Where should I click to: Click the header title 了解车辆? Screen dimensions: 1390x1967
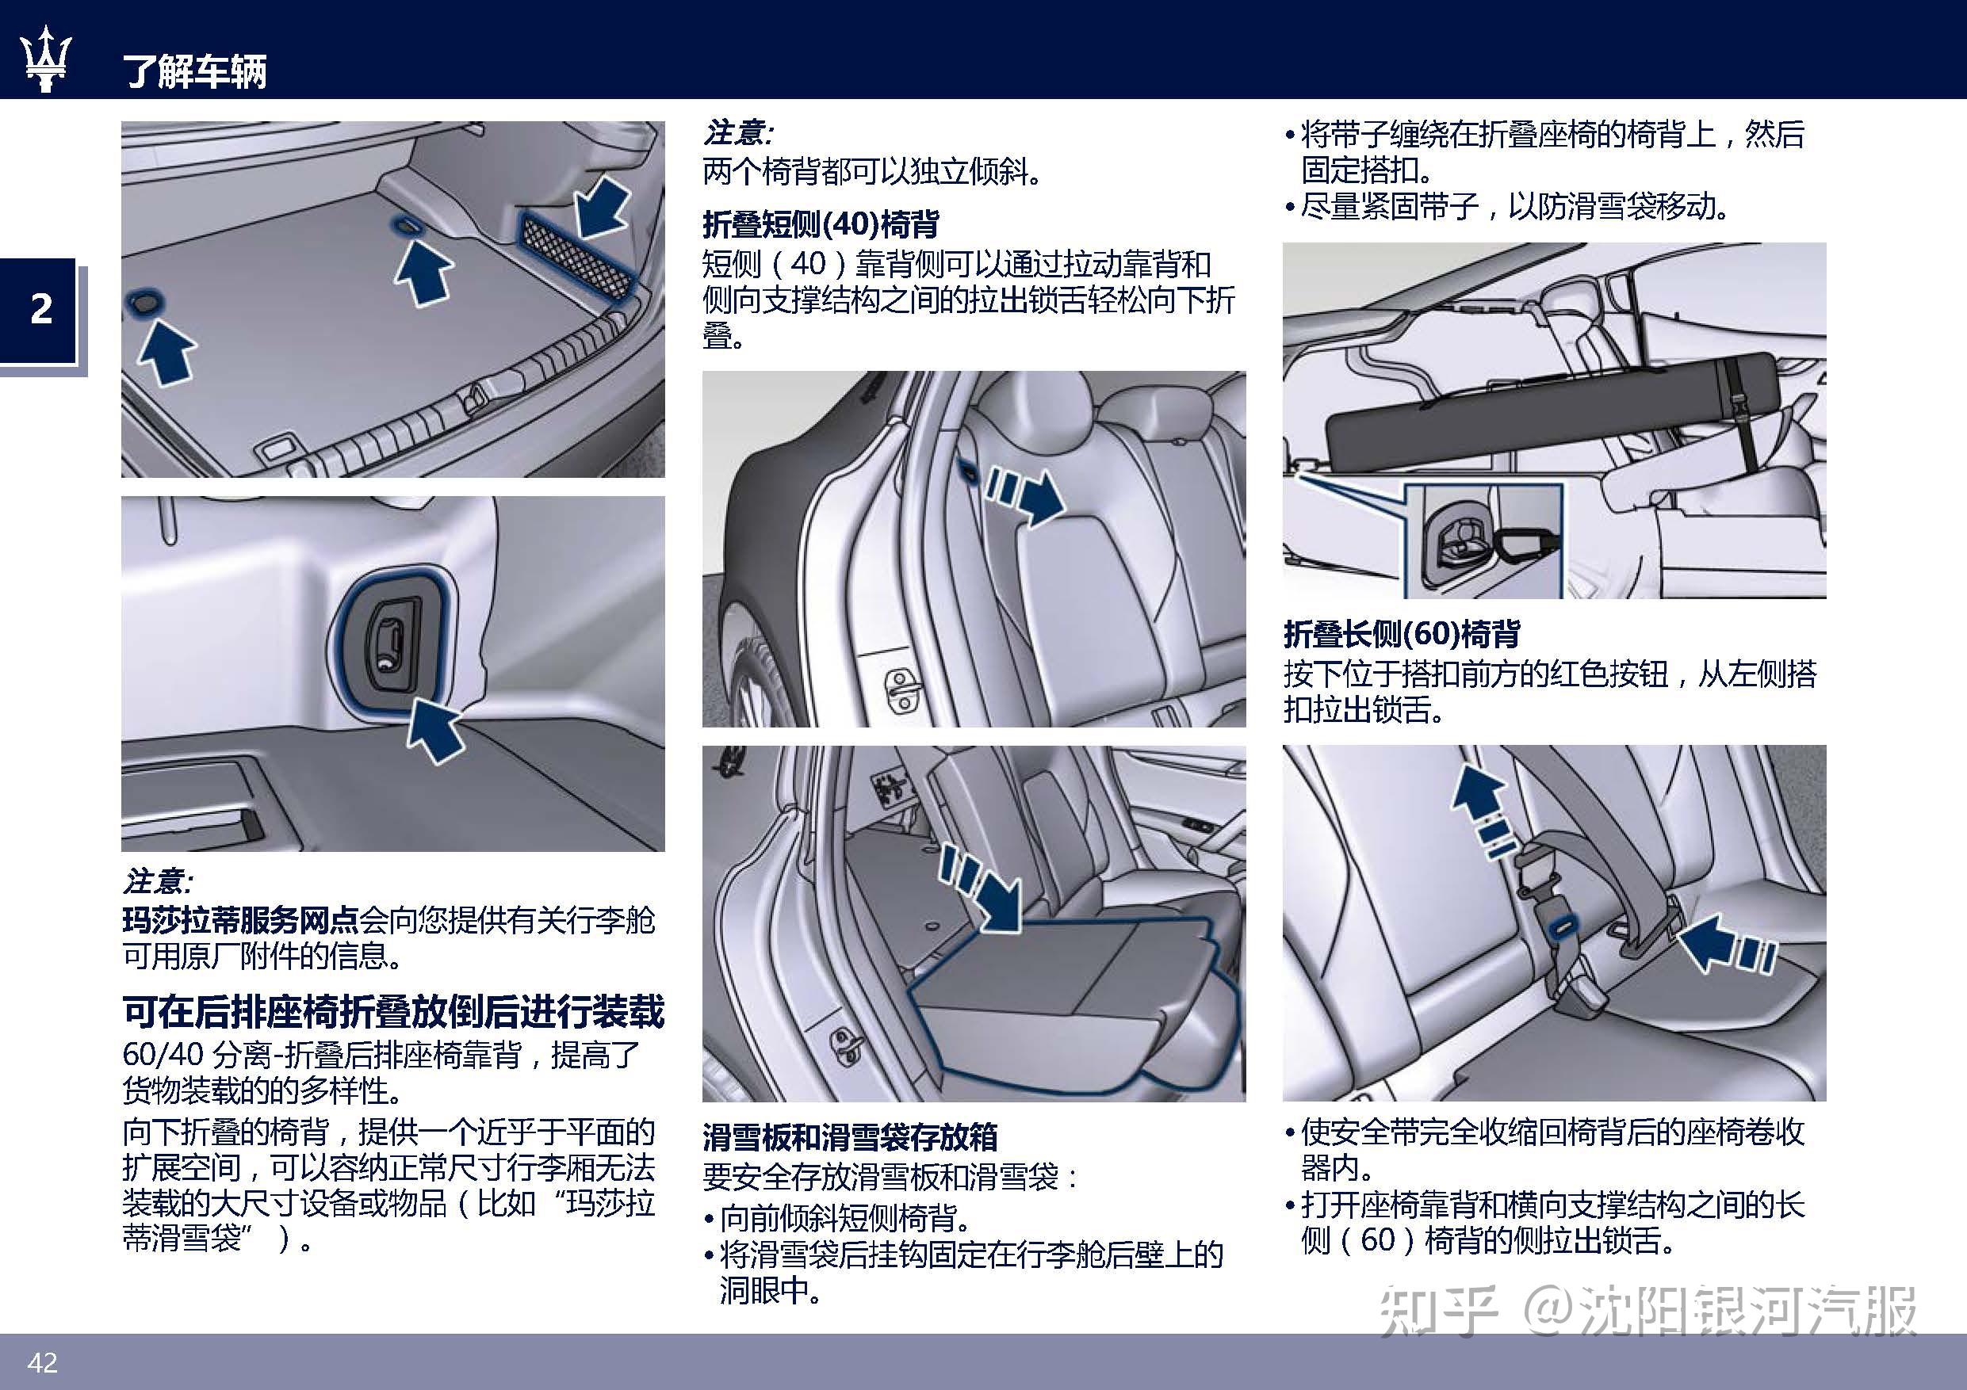pos(195,71)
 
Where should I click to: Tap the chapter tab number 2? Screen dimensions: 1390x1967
pos(40,309)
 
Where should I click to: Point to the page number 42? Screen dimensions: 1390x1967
pos(42,1361)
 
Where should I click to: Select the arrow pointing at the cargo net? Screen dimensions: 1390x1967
pos(603,205)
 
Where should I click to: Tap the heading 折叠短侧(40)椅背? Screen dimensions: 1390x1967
pos(820,224)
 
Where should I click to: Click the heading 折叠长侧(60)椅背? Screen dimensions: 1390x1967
pos(1401,634)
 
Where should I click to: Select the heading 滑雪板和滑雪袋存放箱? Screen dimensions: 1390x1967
pos(850,1137)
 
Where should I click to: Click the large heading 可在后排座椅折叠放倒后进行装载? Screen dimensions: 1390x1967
pos(392,1011)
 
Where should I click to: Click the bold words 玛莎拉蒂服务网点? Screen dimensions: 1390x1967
pos(240,921)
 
